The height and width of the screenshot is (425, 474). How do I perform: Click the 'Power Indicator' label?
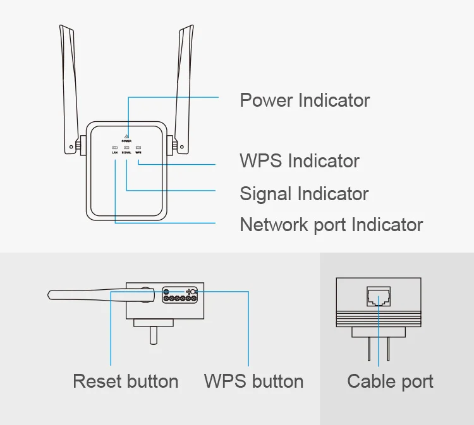(305, 100)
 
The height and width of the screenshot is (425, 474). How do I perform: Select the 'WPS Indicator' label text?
(299, 161)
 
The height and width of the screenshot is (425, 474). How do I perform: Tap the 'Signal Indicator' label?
(304, 193)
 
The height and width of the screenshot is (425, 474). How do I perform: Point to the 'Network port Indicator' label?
(331, 224)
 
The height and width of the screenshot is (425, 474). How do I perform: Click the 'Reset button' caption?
(125, 381)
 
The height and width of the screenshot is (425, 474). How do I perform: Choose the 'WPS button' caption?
(253, 381)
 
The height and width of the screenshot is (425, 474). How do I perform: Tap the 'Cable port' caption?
(390, 381)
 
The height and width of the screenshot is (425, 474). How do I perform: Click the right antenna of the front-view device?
(184, 88)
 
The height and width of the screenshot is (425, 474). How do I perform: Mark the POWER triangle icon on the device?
(127, 136)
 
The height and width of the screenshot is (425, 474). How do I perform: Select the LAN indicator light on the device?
(115, 148)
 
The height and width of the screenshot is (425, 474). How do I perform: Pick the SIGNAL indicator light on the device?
(126, 148)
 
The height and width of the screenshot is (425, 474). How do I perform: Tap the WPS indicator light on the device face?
(138, 148)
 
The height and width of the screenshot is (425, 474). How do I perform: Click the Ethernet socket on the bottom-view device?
(379, 296)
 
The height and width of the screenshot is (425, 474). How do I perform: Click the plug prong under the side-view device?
(154, 334)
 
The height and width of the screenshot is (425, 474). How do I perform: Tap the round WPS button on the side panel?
(193, 292)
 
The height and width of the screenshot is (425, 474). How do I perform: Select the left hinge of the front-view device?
(82, 145)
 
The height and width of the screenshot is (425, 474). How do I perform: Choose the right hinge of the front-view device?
(171, 145)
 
